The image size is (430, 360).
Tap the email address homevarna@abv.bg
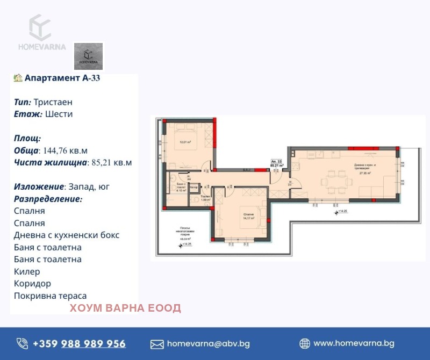tap(209, 344)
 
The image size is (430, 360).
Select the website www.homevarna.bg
tap(354, 343)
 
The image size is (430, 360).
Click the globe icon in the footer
tap(304, 344)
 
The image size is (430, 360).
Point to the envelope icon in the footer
tap(157, 344)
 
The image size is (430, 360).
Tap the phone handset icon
tap(22, 344)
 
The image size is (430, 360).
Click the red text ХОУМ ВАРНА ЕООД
tap(125, 308)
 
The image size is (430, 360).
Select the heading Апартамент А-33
tap(62, 78)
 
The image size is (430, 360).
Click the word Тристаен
tap(53, 102)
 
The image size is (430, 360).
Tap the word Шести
tap(59, 114)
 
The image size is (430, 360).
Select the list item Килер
tap(27, 271)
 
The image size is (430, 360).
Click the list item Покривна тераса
tap(50, 296)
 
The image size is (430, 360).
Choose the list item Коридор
tap(32, 284)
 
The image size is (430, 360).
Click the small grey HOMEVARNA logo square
tap(88, 56)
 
